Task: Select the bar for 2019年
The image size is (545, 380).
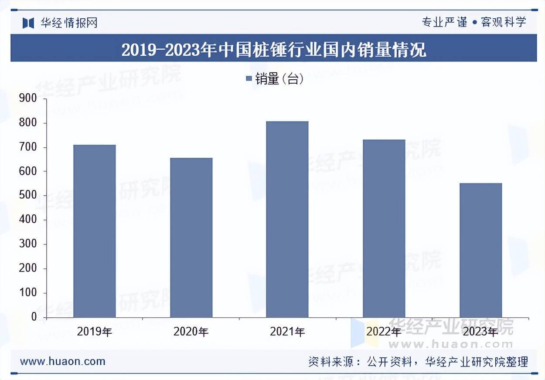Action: tap(94, 231)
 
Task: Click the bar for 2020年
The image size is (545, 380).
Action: tap(191, 237)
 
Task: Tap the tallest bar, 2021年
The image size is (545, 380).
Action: tap(287, 219)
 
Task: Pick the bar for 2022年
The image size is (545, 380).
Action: tap(384, 228)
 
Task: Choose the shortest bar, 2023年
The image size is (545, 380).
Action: tap(480, 250)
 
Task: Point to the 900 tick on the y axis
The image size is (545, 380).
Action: tap(28, 99)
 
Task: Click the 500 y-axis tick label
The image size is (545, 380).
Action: tap(28, 196)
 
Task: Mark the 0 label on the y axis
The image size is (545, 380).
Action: tap(34, 317)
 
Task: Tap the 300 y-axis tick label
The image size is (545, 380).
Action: tap(28, 244)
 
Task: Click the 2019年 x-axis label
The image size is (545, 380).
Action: tap(95, 332)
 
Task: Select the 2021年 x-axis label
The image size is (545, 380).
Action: tap(287, 332)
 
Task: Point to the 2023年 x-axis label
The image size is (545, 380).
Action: tap(480, 332)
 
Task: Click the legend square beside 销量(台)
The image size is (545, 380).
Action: tap(249, 79)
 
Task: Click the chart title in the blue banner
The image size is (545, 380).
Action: tap(273, 50)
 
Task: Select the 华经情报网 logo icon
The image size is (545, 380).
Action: tap(28, 23)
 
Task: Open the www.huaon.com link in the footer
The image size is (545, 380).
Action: tap(63, 361)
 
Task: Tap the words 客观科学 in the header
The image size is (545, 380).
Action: tap(504, 22)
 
